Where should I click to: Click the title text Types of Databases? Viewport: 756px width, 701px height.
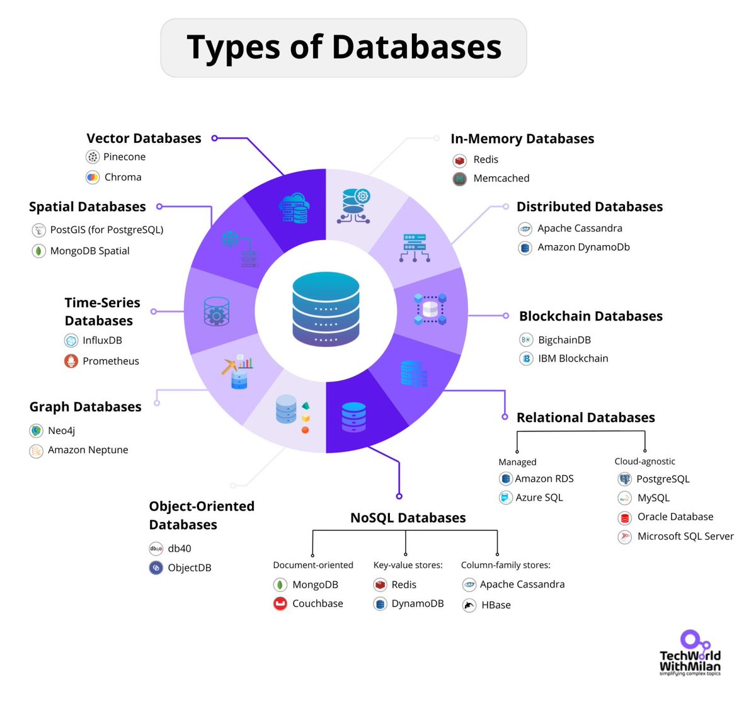pos(344,47)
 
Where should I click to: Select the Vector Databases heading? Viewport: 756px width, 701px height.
pos(144,139)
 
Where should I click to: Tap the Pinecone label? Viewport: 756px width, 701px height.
pos(124,157)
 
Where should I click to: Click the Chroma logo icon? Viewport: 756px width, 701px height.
pos(93,178)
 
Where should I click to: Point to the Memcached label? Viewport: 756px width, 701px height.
pos(501,178)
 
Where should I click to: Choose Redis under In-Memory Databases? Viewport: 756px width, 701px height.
pos(485,159)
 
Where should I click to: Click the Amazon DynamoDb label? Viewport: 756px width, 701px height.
pos(583,247)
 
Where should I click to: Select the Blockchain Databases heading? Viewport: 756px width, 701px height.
pos(590,316)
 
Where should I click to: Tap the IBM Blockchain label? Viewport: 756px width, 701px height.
pos(573,358)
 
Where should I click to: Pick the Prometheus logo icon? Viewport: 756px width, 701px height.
pos(71,361)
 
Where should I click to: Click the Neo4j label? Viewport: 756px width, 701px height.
pos(61,431)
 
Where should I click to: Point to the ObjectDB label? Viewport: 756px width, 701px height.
pos(189,567)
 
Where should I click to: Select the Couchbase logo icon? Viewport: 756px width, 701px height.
pos(280,604)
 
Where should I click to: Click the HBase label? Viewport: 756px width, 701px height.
pos(496,605)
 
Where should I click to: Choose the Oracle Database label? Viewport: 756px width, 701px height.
pos(675,516)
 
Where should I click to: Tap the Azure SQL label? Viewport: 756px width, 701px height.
pos(539,498)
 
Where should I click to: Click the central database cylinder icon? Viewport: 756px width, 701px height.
pos(326,309)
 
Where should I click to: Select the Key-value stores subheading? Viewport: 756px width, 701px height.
pos(408,565)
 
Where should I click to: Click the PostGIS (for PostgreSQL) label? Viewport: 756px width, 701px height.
pos(106,230)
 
